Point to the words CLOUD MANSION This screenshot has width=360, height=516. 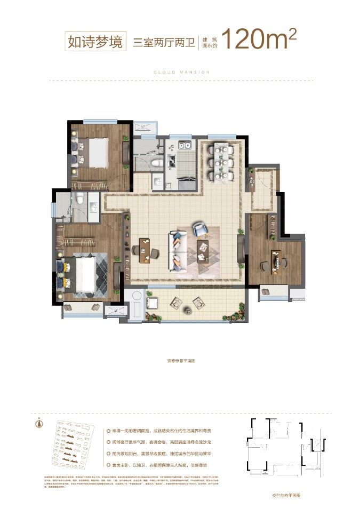181,72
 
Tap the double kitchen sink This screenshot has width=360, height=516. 185,146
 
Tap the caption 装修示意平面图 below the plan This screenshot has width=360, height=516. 181,361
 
